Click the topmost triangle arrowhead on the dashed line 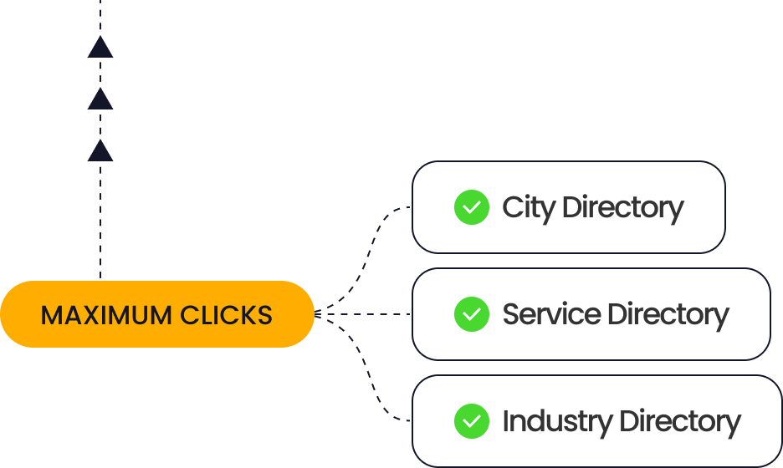(100, 48)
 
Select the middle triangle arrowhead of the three (100, 99)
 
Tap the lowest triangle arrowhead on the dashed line (100, 151)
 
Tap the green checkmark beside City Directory (472, 207)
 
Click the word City (529, 207)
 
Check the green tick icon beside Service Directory (472, 314)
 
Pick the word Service (551, 314)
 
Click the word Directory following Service (668, 314)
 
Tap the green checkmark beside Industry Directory (472, 421)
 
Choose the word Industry (557, 421)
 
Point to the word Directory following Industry (680, 421)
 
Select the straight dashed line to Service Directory (368, 314)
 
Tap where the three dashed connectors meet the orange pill (318, 314)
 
